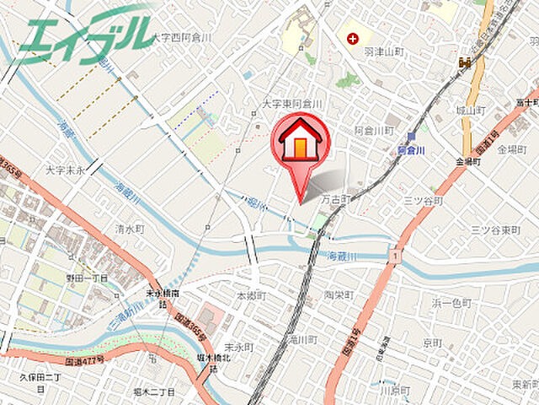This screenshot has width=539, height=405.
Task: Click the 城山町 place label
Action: tap(470, 110)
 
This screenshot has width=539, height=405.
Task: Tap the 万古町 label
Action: tap(335, 201)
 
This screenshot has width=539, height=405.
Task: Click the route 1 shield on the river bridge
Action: tap(392, 254)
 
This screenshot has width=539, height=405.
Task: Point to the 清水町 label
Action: tap(131, 228)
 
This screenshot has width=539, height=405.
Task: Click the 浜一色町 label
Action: tap(454, 301)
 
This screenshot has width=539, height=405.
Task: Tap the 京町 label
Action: tap(433, 343)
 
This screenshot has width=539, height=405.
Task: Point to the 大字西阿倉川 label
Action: tap(183, 38)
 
